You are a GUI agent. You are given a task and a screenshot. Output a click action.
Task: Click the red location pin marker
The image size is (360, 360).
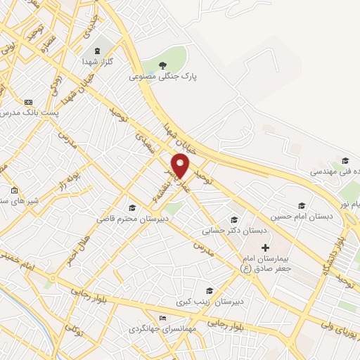181,166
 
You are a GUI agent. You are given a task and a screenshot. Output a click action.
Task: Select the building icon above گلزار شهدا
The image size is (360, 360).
96,51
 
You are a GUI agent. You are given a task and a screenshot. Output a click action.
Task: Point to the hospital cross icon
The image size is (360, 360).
265,247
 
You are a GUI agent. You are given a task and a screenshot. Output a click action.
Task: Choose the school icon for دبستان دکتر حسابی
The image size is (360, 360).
235,219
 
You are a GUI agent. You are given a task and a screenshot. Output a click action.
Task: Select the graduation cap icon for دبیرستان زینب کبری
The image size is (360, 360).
209,290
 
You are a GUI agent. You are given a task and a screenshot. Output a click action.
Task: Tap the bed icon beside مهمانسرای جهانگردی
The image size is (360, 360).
164,318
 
